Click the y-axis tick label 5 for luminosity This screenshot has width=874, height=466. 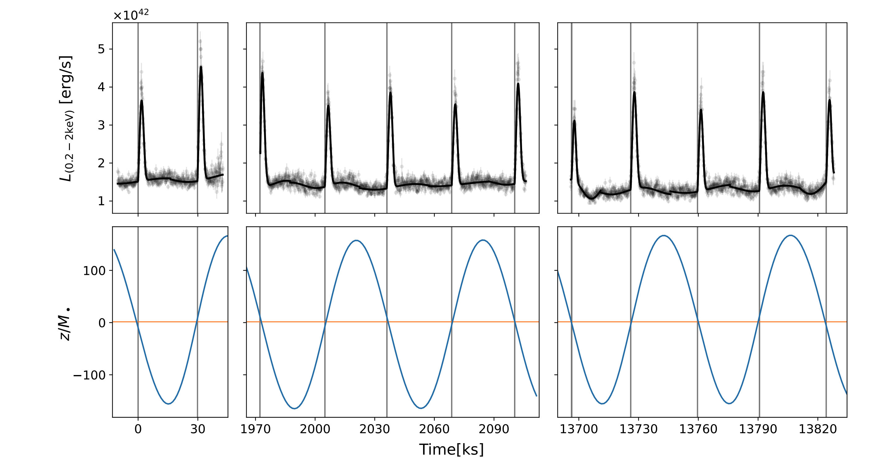pyautogui.click(x=101, y=49)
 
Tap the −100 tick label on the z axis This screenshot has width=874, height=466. pyautogui.click(x=89, y=375)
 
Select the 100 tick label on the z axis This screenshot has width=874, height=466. pyautogui.click(x=94, y=271)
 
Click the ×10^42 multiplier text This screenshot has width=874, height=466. pyautogui.click(x=131, y=15)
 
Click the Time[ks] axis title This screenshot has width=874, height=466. pyautogui.click(x=451, y=449)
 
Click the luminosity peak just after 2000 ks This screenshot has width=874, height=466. pyautogui.click(x=328, y=106)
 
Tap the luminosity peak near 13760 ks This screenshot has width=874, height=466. pyautogui.click(x=701, y=110)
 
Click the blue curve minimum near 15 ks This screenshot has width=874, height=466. pyautogui.click(x=169, y=403)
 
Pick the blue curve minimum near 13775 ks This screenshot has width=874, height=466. pyautogui.click(x=730, y=403)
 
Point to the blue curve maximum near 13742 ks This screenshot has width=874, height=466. pyautogui.click(x=664, y=235)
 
